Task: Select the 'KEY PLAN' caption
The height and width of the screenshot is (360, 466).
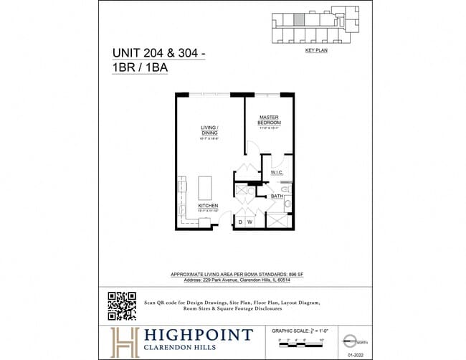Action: point(316,52)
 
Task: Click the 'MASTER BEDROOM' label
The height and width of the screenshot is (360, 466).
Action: point(270,120)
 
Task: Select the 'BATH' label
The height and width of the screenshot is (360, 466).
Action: point(277,196)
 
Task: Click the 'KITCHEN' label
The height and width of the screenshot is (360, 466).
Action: point(208,206)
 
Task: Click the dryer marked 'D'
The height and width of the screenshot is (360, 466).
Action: point(240,222)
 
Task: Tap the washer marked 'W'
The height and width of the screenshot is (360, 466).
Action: point(249,222)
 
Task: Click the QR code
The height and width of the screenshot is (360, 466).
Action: point(121,305)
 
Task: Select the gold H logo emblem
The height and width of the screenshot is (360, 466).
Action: point(123,341)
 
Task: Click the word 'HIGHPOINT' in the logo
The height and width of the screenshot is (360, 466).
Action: point(196,335)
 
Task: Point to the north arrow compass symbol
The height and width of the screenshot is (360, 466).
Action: point(350,340)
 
